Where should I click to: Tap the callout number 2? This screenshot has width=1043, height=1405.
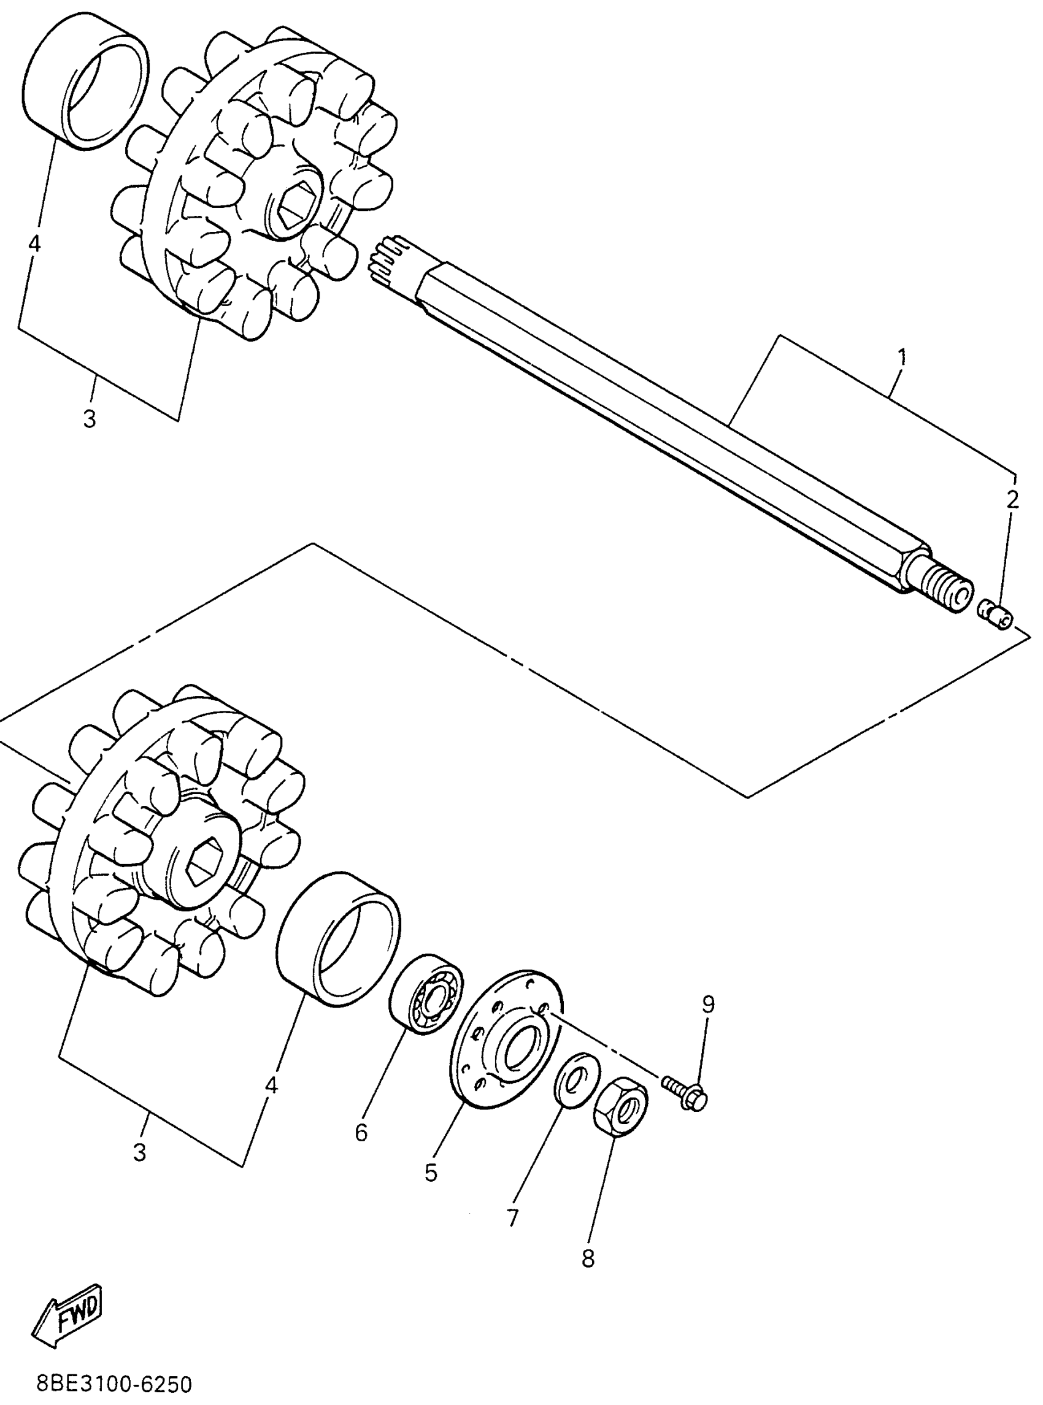click(1012, 500)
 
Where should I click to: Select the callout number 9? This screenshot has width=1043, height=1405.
click(709, 1003)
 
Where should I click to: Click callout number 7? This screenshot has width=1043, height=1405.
click(512, 1217)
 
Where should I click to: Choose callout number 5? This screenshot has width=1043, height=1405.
click(431, 1173)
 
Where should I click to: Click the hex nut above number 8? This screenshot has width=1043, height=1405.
click(621, 1107)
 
